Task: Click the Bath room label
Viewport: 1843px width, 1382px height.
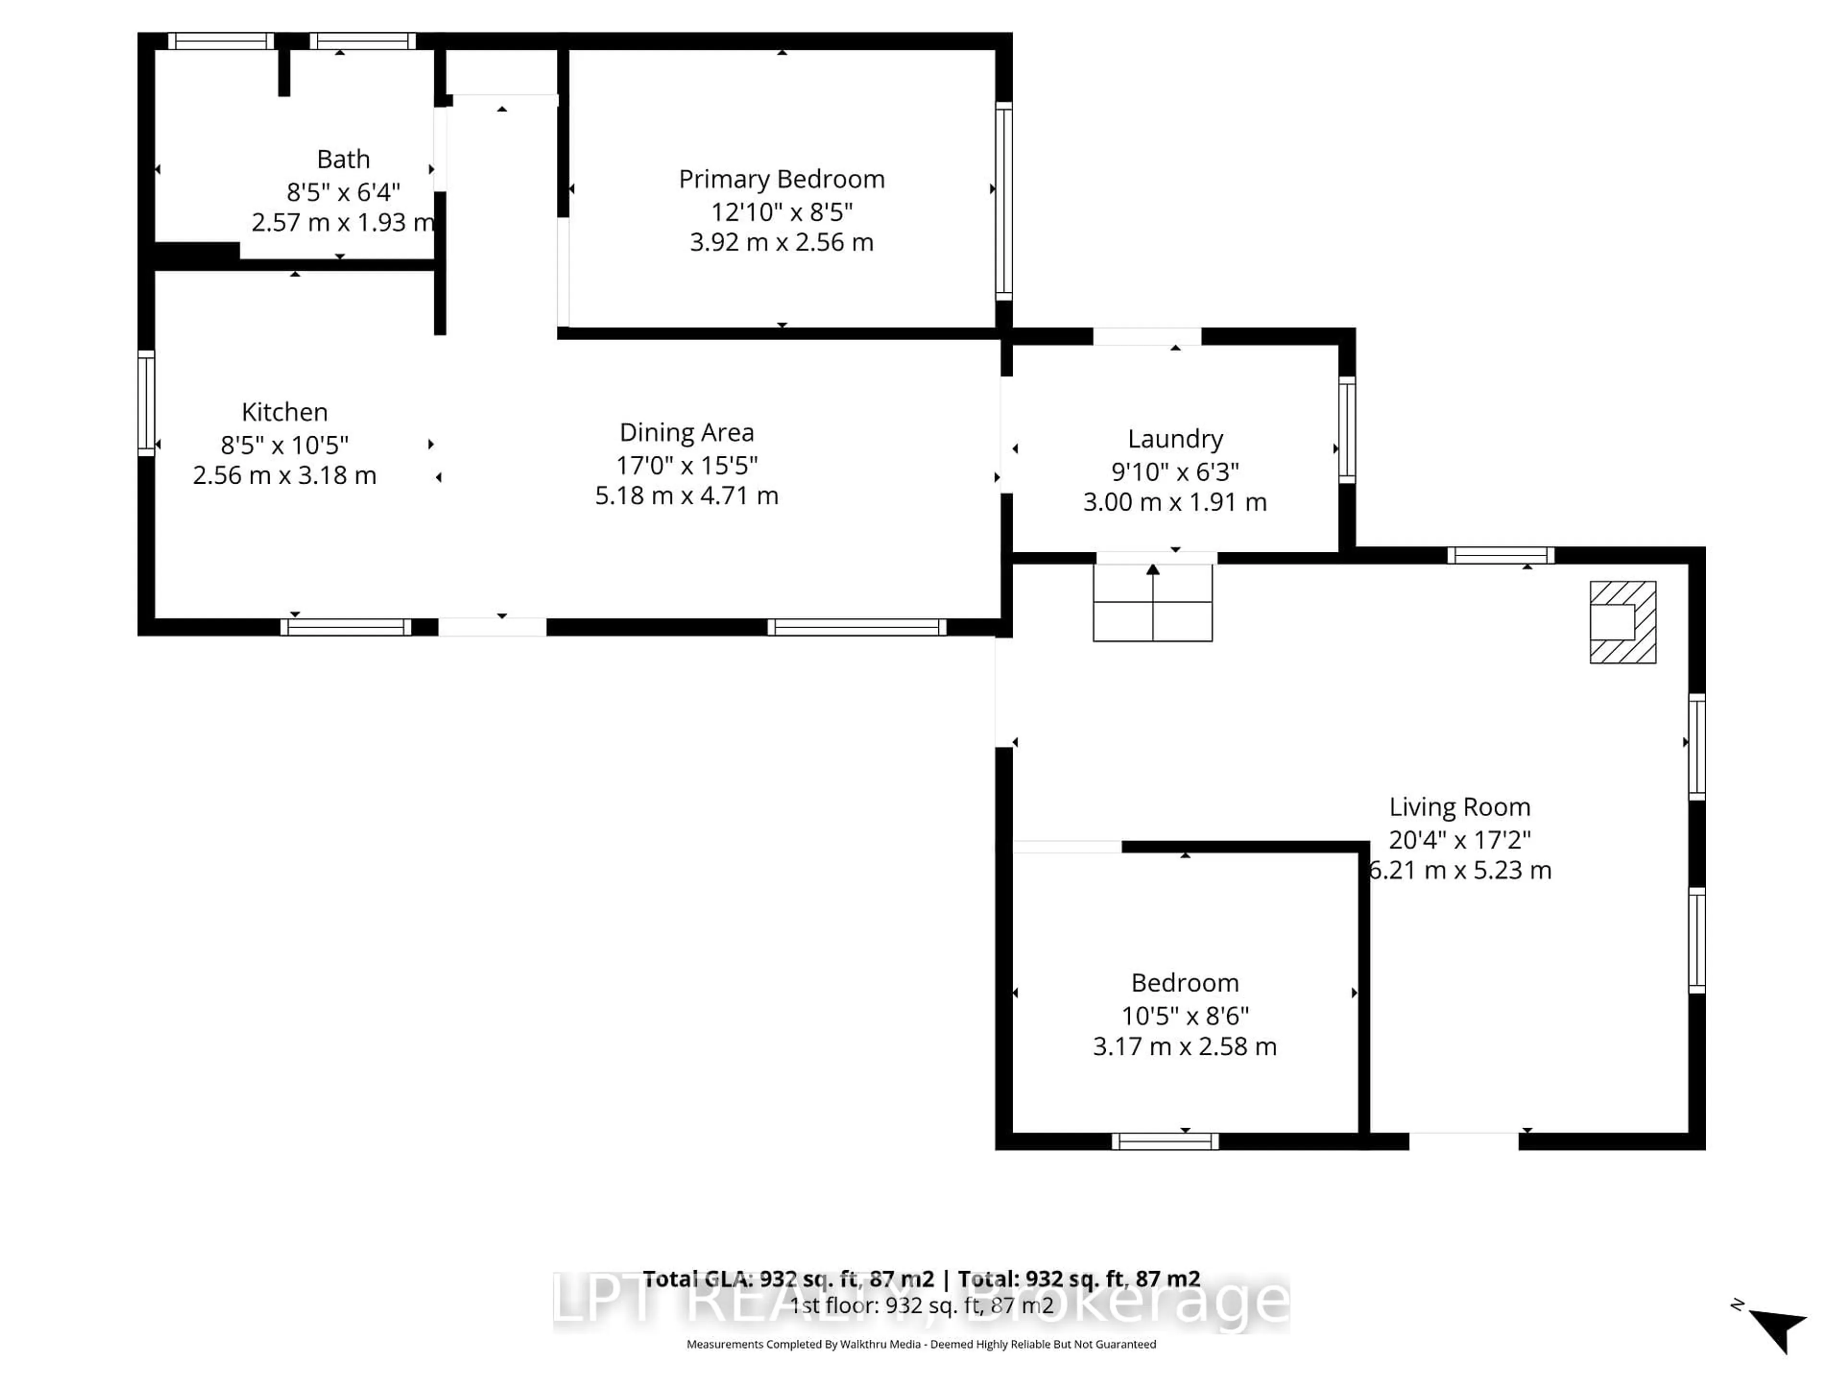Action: (x=343, y=159)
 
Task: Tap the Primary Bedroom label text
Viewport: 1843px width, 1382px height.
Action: (x=781, y=179)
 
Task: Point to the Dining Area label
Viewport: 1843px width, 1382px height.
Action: (x=686, y=432)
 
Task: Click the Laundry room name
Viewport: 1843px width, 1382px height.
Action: (x=1175, y=439)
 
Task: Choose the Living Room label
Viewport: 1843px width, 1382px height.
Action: (x=1459, y=807)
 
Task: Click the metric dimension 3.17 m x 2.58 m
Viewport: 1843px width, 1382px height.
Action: (x=1184, y=1046)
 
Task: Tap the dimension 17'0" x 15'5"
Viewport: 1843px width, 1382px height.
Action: (x=686, y=465)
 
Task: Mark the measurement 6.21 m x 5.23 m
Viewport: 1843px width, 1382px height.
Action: (x=1460, y=870)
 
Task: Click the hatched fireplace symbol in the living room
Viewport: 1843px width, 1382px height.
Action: (x=1622, y=622)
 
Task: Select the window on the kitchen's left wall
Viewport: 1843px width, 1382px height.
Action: (x=146, y=403)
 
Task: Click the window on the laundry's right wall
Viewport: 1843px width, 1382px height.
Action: (x=1346, y=430)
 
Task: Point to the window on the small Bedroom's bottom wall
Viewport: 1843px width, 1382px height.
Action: (x=1165, y=1141)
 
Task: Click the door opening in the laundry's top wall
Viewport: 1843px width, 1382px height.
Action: (x=1147, y=336)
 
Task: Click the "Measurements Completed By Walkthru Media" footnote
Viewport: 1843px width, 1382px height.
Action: (x=921, y=1344)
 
